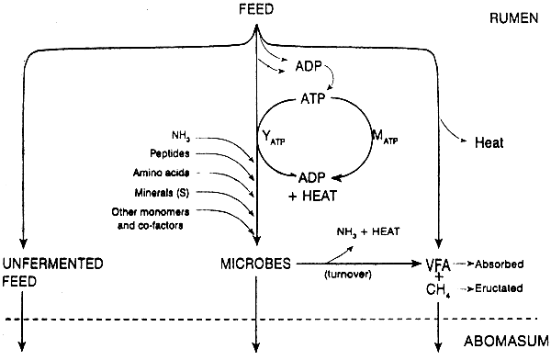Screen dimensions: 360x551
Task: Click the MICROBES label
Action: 256,263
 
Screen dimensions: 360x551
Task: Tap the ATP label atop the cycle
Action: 317,96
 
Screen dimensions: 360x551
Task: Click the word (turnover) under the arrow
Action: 347,275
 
